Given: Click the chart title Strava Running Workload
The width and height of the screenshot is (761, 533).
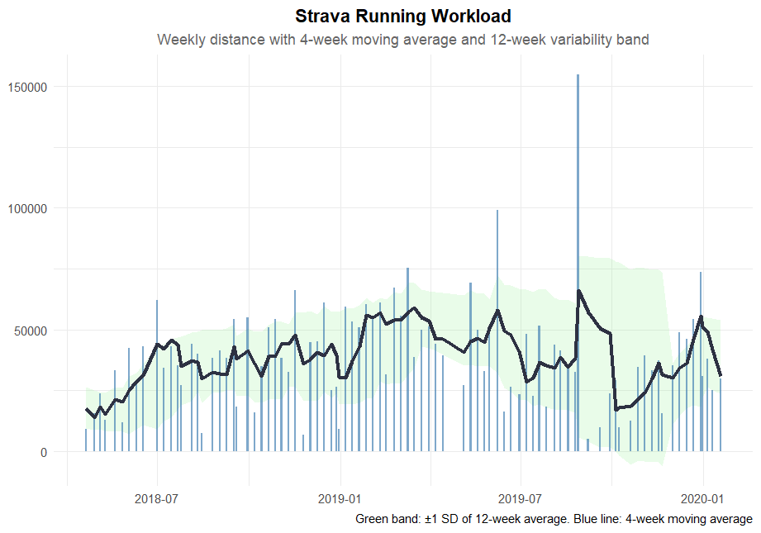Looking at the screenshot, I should (x=402, y=17).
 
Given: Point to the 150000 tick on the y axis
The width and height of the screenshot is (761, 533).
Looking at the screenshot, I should (x=28, y=87).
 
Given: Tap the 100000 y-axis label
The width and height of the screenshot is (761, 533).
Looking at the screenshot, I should (x=28, y=208).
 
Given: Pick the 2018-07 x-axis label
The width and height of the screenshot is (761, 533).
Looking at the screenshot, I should (x=157, y=499).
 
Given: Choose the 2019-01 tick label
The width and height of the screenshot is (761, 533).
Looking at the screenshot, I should (x=340, y=499).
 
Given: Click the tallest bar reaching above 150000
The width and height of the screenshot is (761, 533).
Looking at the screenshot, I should (x=578, y=248).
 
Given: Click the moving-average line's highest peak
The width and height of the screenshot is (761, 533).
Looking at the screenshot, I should (x=578, y=291).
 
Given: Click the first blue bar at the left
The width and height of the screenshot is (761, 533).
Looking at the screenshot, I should (x=85, y=440).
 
